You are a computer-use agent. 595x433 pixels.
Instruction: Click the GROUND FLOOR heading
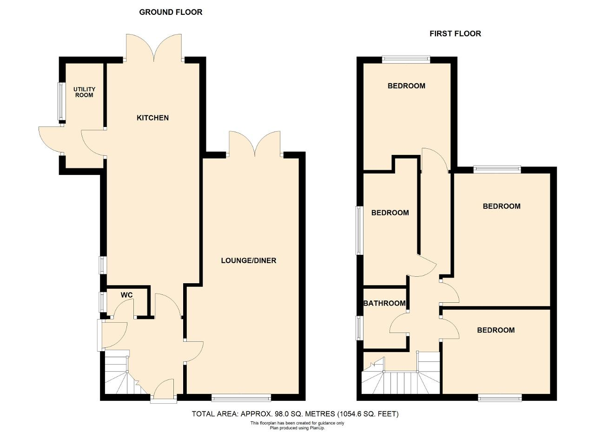[x=171, y=12]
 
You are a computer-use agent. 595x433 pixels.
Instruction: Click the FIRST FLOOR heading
[x=455, y=33]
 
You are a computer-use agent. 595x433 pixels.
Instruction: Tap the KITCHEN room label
[x=153, y=118]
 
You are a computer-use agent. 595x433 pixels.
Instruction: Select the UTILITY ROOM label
[x=84, y=92]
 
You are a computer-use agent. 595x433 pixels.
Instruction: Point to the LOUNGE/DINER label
[x=249, y=260]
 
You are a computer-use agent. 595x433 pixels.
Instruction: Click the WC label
[x=127, y=295]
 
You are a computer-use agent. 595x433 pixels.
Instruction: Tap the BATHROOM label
[x=384, y=303]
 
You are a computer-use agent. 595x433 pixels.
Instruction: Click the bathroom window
[x=360, y=328]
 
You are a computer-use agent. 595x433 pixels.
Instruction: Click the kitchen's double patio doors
[x=154, y=48]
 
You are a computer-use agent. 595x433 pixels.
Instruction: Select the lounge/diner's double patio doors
[x=255, y=144]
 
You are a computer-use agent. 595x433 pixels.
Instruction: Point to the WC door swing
[x=124, y=308]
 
